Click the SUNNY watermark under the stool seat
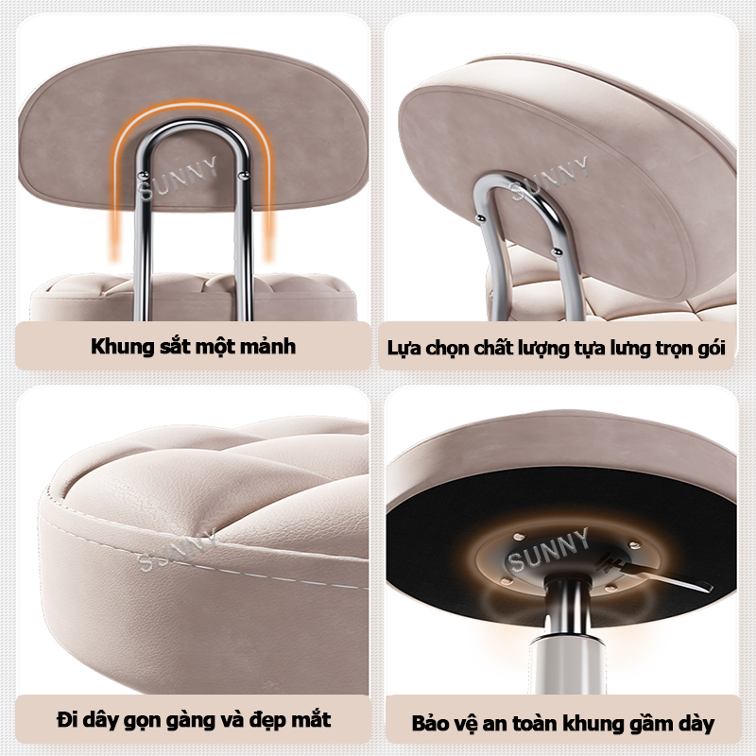coord(548,551)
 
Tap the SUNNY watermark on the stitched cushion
coord(177,550)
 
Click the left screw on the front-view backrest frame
coord(142,175)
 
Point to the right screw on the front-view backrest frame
coord(245,174)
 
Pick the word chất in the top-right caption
coord(494,348)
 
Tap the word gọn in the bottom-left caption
coord(143,720)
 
